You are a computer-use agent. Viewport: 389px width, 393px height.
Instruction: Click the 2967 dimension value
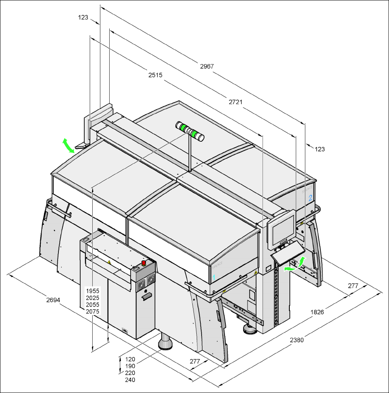[207, 66]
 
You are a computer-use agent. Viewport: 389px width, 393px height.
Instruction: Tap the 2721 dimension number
[235, 102]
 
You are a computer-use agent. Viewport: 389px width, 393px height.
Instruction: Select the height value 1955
[92, 291]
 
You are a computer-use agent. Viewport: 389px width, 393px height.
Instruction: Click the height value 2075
[92, 311]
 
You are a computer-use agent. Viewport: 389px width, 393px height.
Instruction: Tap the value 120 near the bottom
[130, 359]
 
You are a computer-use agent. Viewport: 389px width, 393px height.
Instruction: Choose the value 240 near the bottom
[130, 380]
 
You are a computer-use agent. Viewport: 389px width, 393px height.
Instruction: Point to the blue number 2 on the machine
[310, 198]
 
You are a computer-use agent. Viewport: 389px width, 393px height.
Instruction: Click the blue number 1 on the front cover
[214, 278]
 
